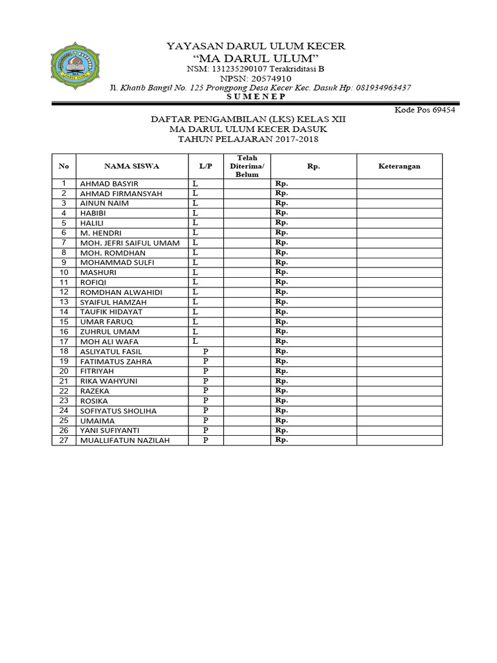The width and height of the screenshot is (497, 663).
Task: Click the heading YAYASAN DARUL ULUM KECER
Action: pyautogui.click(x=256, y=46)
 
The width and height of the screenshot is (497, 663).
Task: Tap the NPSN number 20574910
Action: pyautogui.click(x=272, y=78)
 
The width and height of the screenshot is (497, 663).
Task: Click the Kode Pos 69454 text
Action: pyautogui.click(x=425, y=110)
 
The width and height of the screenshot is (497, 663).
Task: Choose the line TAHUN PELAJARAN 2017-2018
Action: pyautogui.click(x=248, y=139)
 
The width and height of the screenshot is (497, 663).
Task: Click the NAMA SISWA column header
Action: pyautogui.click(x=132, y=166)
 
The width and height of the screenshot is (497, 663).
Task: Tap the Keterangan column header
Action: pyautogui.click(x=399, y=166)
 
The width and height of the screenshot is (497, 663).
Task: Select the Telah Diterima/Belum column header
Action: pyautogui.click(x=247, y=166)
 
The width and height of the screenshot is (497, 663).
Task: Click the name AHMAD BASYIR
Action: pyautogui.click(x=109, y=184)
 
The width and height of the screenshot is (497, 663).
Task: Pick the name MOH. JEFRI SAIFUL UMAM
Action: pyautogui.click(x=129, y=243)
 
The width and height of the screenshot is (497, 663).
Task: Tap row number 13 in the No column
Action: pyautogui.click(x=64, y=302)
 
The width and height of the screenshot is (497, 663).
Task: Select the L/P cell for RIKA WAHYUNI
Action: pyautogui.click(x=206, y=381)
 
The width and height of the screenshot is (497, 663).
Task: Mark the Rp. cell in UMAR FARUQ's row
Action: pyautogui.click(x=313, y=322)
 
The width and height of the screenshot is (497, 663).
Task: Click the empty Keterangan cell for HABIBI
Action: pyautogui.click(x=399, y=213)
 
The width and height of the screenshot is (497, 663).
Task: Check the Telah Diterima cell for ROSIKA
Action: pyautogui.click(x=247, y=401)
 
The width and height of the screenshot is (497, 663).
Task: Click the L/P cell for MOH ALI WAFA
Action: pyautogui.click(x=206, y=341)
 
